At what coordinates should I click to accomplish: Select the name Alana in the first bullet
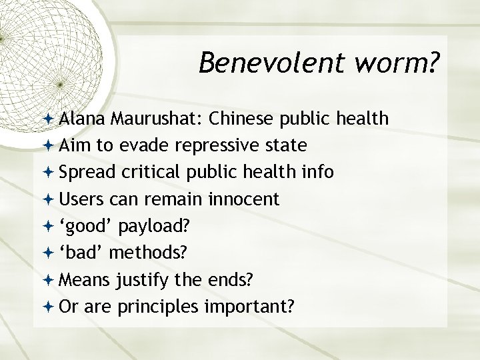click(x=79, y=119)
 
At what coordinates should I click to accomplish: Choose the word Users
click(x=79, y=199)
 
